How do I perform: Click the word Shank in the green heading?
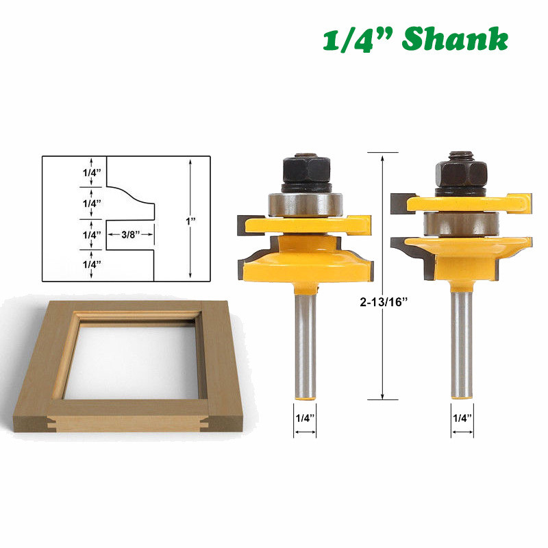[455, 38]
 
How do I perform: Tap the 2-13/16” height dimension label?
[384, 301]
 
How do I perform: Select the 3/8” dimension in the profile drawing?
[130, 234]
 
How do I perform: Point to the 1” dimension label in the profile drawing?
[190, 221]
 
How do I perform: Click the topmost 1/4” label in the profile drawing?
[92, 173]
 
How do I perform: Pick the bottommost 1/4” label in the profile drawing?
[92, 264]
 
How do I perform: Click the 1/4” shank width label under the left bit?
[305, 418]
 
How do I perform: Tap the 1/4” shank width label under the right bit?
[462, 418]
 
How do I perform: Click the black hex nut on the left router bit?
[306, 170]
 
